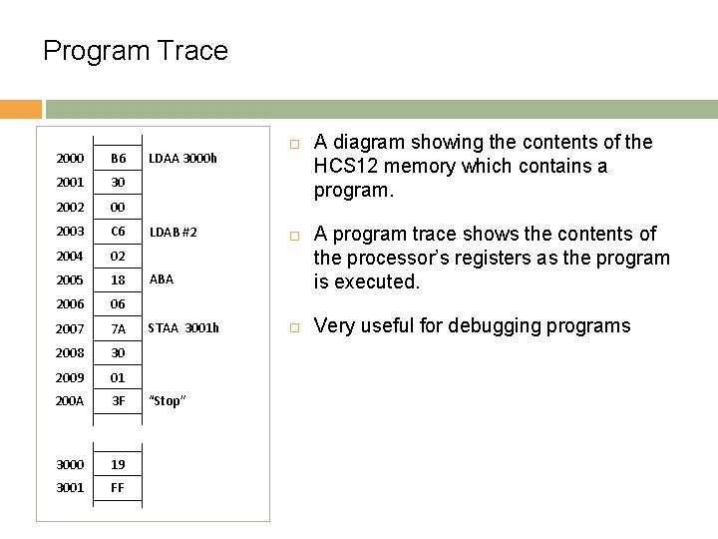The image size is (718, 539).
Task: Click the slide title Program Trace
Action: [136, 51]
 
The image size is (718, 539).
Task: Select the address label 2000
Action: [70, 159]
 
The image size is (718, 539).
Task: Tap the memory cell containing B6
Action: [119, 159]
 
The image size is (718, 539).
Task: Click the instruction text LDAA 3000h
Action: [182, 158]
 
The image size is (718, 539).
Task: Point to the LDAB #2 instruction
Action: [173, 232]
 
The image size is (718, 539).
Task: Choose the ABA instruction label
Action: [161, 279]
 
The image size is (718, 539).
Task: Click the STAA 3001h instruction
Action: [183, 327]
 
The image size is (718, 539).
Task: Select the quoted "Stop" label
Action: [166, 400]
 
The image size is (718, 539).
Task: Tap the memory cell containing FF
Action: [119, 488]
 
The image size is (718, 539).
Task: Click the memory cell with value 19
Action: [119, 464]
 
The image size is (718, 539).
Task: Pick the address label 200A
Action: [70, 400]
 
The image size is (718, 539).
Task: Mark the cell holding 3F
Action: [119, 400]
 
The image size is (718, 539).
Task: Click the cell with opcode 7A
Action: [119, 328]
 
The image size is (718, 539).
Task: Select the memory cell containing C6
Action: [119, 232]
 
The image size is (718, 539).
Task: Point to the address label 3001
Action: [70, 488]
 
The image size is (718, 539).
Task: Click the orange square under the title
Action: [21, 109]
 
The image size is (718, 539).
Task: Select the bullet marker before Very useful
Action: [295, 325]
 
